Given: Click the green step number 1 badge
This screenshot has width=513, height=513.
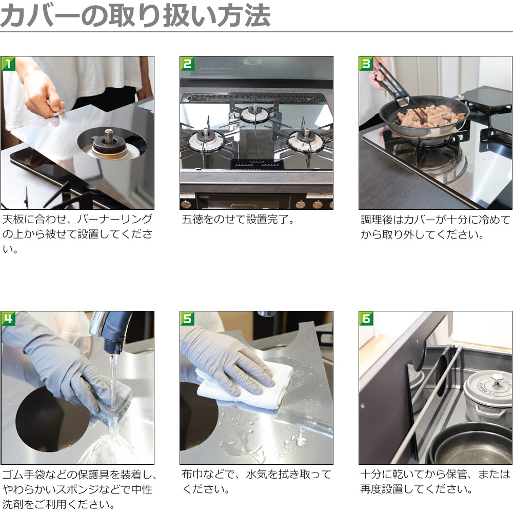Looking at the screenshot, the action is point(8,64).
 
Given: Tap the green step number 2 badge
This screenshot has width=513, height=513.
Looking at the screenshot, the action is point(187,64).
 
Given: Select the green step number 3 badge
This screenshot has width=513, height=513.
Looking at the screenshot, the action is point(366,64).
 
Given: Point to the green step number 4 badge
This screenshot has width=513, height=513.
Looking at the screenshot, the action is point(8,319).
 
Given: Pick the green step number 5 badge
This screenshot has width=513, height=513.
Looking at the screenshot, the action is point(187,319).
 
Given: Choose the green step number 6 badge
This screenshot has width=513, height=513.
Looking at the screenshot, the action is point(366,319).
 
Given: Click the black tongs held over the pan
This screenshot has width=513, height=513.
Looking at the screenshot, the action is point(394,85).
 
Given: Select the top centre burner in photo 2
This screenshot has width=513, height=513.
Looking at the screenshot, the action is point(255,113).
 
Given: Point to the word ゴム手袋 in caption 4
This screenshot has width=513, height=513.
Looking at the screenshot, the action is point(23,475).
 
